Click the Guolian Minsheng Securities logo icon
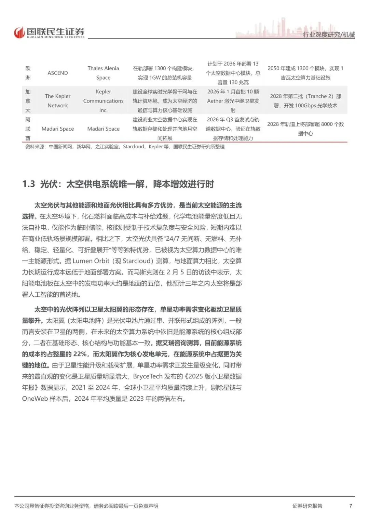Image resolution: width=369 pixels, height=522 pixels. point(20,32)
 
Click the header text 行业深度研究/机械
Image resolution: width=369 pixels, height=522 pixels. point(329,35)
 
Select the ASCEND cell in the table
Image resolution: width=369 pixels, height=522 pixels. point(58,73)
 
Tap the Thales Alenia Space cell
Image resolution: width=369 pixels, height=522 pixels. point(103,73)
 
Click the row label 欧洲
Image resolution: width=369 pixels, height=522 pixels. point(28,73)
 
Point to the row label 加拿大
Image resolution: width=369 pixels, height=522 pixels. point(28,101)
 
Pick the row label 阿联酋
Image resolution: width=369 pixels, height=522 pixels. point(28,129)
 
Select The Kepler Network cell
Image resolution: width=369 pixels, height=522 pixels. point(58,101)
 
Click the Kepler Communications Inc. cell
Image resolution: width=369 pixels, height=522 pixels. point(103,101)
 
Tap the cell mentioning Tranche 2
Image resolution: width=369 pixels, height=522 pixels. point(305,101)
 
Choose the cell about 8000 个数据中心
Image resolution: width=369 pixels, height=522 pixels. point(305,129)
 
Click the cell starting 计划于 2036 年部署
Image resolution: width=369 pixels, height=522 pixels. point(233,73)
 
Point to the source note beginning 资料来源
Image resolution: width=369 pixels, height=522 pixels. point(125,147)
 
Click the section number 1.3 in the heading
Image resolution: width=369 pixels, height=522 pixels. point(29,184)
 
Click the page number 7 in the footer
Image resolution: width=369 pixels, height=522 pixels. point(351,506)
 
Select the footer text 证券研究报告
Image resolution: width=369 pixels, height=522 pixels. point(307,506)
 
